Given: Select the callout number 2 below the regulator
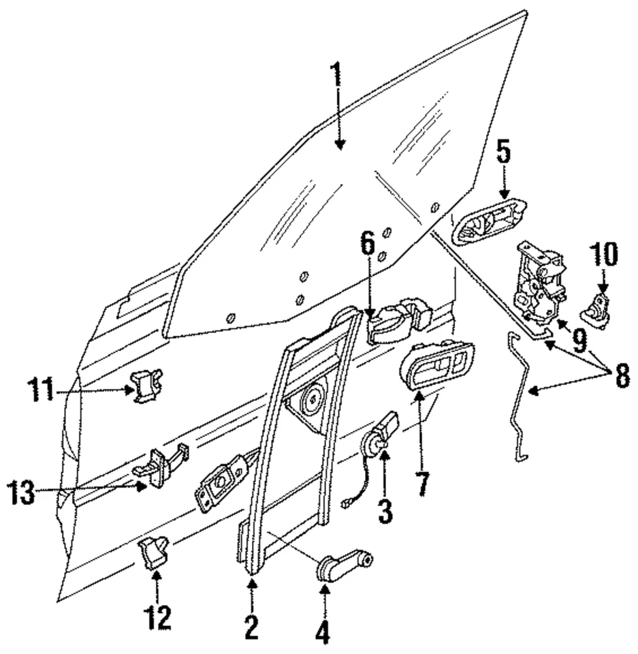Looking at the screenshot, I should pos(252,626).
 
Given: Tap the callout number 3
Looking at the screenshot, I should pos(385,510).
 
